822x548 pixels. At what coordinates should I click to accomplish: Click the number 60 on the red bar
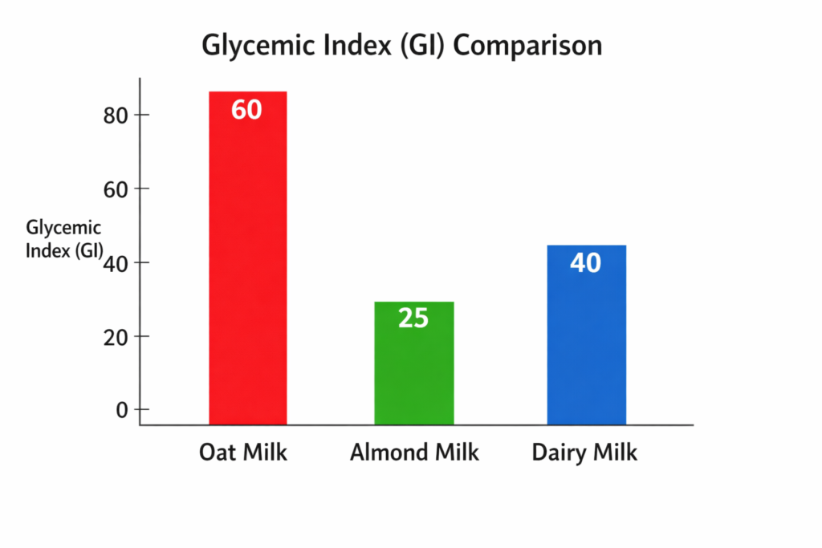[246, 109]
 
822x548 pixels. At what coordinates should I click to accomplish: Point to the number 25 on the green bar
[413, 319]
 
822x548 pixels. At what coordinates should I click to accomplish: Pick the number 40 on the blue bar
[585, 262]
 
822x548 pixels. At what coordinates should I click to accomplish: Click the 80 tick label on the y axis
[116, 116]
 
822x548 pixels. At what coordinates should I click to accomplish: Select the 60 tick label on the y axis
[116, 189]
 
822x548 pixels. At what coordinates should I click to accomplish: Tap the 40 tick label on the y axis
[116, 263]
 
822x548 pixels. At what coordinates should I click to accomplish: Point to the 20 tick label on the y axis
[116, 336]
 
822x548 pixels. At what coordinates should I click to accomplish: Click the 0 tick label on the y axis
[122, 410]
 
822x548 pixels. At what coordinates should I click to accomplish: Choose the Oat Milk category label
[243, 453]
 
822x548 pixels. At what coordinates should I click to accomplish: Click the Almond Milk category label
[414, 453]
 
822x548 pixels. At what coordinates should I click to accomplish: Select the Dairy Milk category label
[584, 453]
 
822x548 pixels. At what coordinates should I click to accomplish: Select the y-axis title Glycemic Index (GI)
[64, 238]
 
